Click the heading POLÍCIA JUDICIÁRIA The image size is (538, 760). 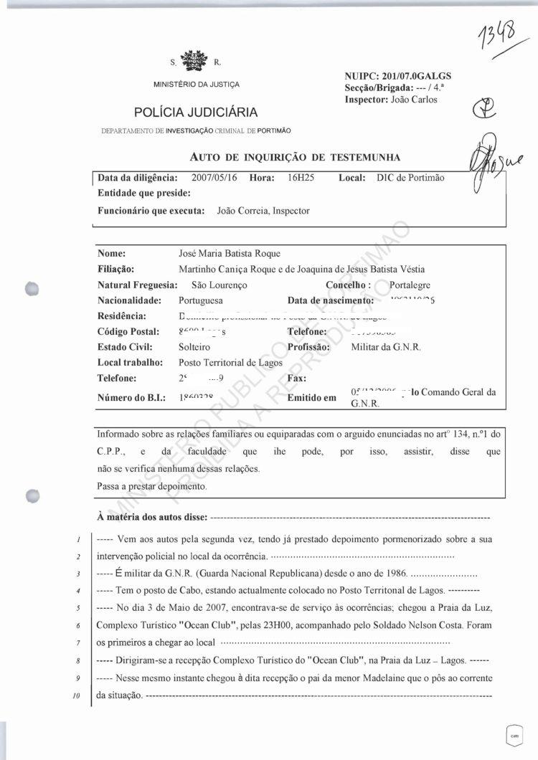click(196, 113)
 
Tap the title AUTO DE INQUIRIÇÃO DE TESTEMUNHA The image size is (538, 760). click(295, 157)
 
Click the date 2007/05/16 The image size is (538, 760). click(217, 177)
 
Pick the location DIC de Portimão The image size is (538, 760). click(410, 177)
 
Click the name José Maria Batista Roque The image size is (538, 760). click(230, 253)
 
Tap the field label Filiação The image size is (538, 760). click(116, 269)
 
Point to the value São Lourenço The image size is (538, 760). click(210, 285)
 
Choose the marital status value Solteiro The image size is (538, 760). click(194, 347)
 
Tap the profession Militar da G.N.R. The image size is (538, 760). click(385, 347)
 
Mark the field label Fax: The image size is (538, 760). click(297, 379)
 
